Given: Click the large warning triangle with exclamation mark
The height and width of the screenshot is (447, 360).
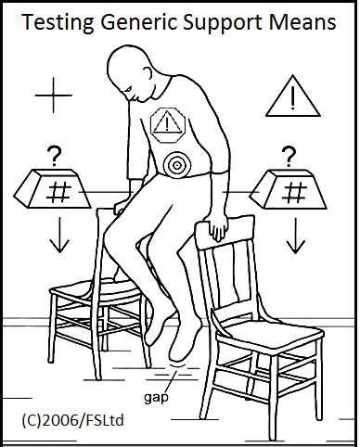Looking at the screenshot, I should (x=292, y=96).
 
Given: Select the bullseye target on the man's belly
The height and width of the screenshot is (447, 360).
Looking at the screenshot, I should (x=175, y=164).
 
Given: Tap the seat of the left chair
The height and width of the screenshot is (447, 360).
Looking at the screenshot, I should (x=93, y=291).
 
